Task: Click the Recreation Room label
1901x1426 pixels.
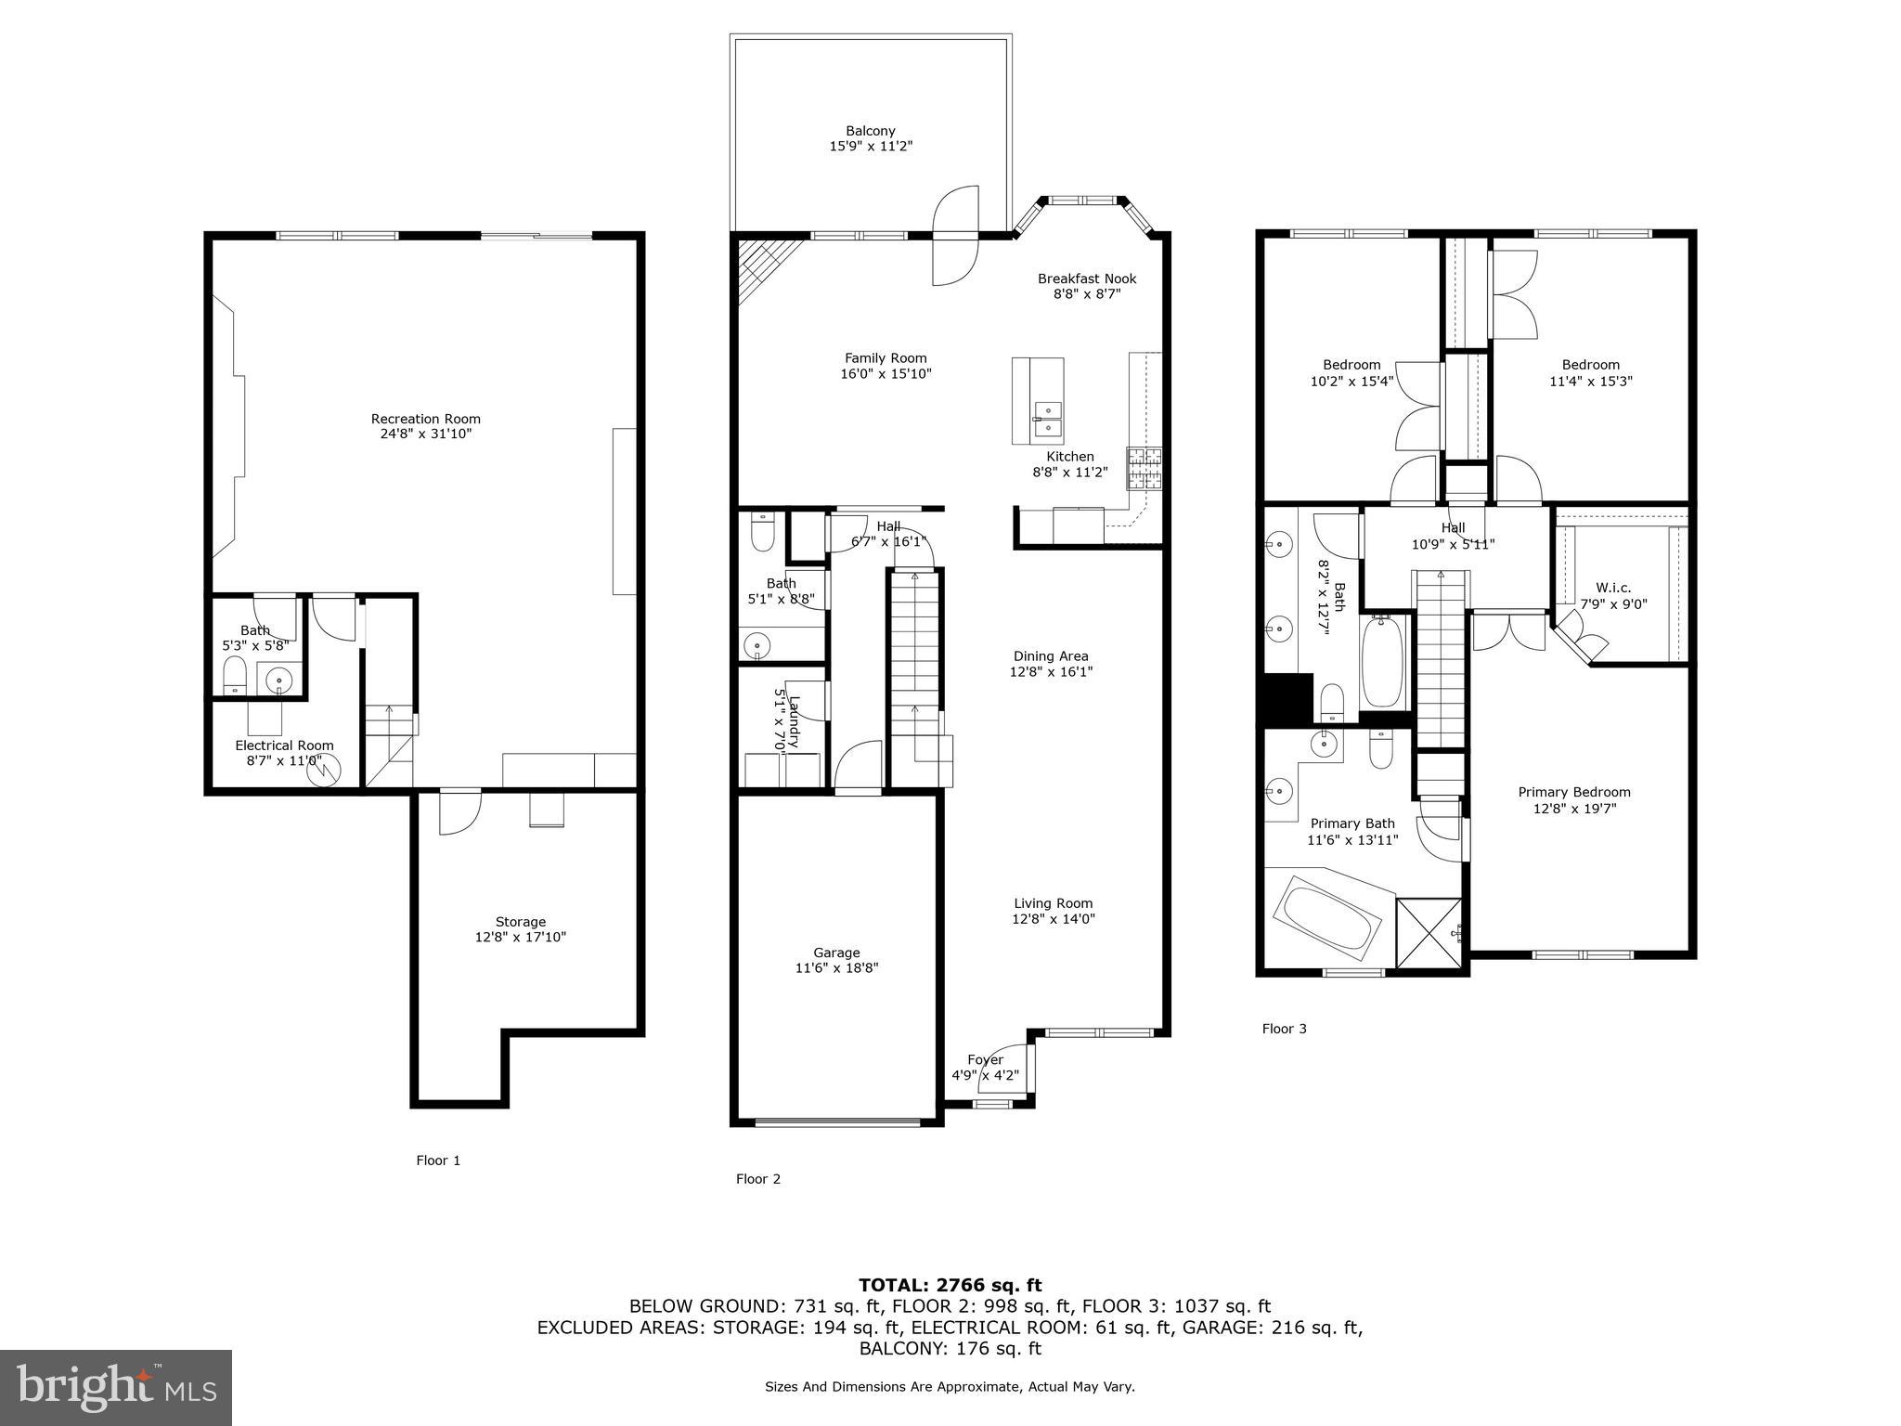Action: pos(425,419)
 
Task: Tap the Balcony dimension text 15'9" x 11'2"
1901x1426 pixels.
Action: pos(870,147)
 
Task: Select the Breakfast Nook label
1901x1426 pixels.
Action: pos(1086,279)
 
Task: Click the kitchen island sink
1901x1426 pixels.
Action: pos(1048,419)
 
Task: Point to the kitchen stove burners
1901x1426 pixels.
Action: pos(1144,468)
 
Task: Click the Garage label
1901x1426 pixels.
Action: pos(836,953)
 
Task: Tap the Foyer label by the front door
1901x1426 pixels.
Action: pos(985,1059)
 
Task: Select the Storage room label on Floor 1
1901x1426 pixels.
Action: pos(520,922)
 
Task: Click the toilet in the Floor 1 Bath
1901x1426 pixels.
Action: pos(235,675)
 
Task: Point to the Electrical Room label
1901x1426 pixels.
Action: pos(284,745)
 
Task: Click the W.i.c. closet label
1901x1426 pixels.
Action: pos(1613,588)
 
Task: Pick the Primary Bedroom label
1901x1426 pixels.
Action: pos(1573,792)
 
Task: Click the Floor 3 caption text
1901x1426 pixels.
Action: pos(1284,1029)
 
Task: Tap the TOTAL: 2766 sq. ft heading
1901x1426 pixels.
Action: pos(950,1285)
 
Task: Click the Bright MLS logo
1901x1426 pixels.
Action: pos(116,1387)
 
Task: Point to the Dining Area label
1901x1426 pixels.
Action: pos(1051,655)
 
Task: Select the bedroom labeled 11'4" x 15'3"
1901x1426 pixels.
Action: pos(1590,372)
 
